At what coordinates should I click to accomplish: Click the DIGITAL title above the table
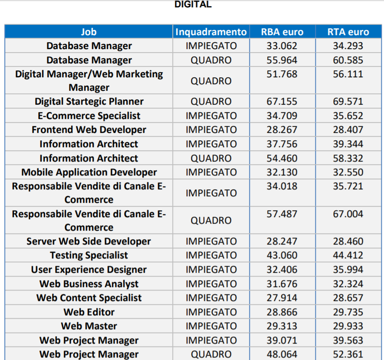pyautogui.click(x=193, y=5)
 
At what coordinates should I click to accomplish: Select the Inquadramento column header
pyautogui.click(x=211, y=32)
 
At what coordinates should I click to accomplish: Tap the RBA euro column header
pyautogui.click(x=282, y=32)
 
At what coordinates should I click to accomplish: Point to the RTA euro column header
pyautogui.click(x=348, y=32)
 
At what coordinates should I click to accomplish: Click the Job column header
pyautogui.click(x=89, y=32)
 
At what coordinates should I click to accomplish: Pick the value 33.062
pyautogui.click(x=282, y=46)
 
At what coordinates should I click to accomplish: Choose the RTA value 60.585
pyautogui.click(x=348, y=60)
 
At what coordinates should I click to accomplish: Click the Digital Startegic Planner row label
pyautogui.click(x=89, y=102)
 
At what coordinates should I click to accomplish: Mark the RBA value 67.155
pyautogui.click(x=282, y=102)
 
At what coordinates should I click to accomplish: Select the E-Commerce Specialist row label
pyautogui.click(x=89, y=116)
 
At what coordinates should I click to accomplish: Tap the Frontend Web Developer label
pyautogui.click(x=89, y=130)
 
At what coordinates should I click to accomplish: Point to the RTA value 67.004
pyautogui.click(x=348, y=214)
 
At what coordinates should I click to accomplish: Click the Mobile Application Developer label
pyautogui.click(x=89, y=172)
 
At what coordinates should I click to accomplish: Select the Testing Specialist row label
pyautogui.click(x=89, y=255)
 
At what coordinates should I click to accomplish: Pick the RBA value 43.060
pyautogui.click(x=282, y=255)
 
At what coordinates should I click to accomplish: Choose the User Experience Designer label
pyautogui.click(x=89, y=270)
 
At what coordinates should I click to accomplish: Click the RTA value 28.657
pyautogui.click(x=348, y=298)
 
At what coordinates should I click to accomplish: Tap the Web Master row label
pyautogui.click(x=89, y=326)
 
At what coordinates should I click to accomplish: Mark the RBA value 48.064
pyautogui.click(x=282, y=354)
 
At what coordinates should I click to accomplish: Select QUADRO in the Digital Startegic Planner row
pyautogui.click(x=211, y=102)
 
